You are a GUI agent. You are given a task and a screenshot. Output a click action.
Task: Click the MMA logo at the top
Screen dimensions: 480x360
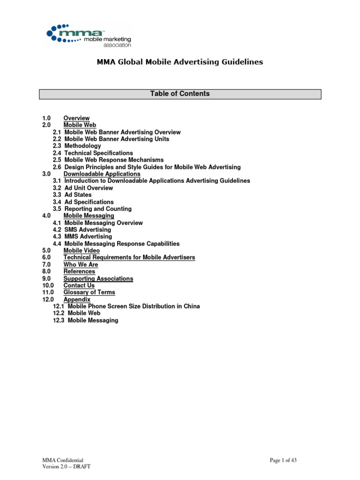point(89,36)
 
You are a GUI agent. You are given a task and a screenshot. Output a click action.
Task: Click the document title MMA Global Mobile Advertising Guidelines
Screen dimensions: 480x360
point(180,62)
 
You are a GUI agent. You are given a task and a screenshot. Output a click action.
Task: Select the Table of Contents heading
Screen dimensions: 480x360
point(180,94)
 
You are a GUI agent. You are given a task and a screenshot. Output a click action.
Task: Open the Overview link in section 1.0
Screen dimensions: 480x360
point(76,118)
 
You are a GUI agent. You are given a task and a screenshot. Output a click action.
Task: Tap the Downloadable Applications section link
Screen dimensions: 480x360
point(102,174)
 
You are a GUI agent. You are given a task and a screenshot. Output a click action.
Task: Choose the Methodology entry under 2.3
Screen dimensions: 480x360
point(82,146)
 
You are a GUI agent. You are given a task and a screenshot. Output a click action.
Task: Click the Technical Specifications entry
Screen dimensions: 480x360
point(98,153)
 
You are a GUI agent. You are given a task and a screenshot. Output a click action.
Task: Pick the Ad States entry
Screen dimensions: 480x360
point(78,195)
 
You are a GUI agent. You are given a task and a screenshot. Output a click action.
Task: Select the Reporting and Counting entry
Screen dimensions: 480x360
point(98,209)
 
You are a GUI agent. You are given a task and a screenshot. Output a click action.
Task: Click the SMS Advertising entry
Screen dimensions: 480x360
point(88,230)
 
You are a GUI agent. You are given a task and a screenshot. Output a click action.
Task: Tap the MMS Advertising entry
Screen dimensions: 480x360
point(88,237)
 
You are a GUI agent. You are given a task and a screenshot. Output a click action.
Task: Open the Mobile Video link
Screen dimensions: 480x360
point(82,251)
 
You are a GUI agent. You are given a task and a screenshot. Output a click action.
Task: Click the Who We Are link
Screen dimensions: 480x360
point(81,265)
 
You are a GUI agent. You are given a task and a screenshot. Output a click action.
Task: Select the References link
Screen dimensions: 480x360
point(79,271)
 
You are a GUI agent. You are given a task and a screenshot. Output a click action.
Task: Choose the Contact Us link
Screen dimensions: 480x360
point(79,285)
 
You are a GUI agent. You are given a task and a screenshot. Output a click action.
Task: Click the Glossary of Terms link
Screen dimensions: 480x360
point(89,292)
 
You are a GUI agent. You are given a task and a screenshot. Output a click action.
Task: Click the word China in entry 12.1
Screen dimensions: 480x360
point(191,307)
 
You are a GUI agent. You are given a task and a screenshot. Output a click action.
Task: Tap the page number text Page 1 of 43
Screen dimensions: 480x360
point(283,460)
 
